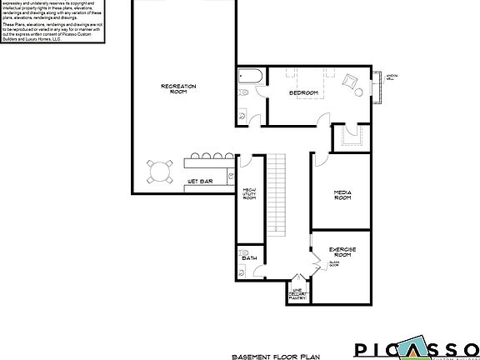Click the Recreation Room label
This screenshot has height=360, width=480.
[173, 89]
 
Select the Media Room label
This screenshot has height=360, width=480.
[342, 196]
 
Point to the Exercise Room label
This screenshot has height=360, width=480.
[343, 252]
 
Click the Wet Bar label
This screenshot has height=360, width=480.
[197, 179]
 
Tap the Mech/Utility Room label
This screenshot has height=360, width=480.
[248, 196]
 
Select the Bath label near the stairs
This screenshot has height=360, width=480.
[249, 258]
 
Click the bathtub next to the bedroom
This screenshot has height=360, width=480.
[249, 77]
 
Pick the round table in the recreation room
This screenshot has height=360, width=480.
[158, 171]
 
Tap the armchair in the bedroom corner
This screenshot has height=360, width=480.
[350, 82]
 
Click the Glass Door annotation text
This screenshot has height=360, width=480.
[332, 263]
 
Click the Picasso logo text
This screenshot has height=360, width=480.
[417, 349]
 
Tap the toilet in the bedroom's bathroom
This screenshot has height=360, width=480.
[242, 113]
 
